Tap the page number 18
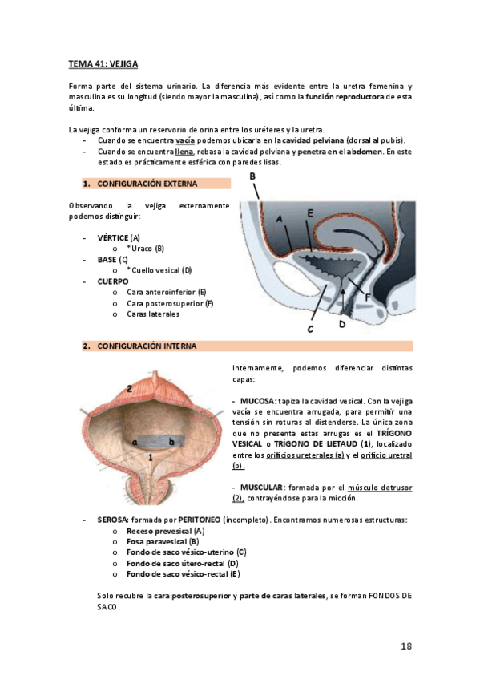405,646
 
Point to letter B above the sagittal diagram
252,176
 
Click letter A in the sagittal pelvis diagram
279,217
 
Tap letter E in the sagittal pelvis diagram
309,213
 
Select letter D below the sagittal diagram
342,325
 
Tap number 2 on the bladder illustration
129,389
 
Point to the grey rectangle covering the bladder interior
152,442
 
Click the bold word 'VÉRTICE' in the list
113,238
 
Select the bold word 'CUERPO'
112,281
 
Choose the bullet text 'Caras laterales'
153,314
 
